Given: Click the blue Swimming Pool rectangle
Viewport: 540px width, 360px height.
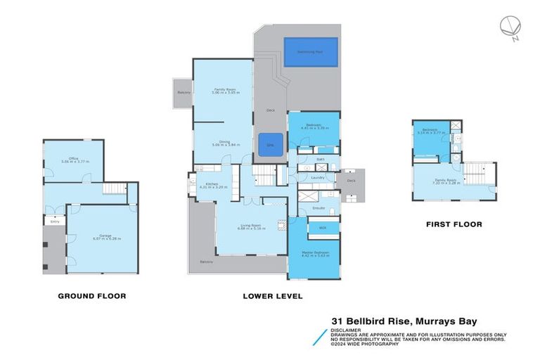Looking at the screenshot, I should pyautogui.click(x=309, y=52).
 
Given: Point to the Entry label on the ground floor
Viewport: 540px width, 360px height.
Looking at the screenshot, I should pyautogui.click(x=55, y=222).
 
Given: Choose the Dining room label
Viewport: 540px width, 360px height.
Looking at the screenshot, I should pyautogui.click(x=224, y=143).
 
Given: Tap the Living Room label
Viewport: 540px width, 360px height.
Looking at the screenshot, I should pyautogui.click(x=250, y=226).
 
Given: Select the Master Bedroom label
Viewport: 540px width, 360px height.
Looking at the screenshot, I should pyautogui.click(x=313, y=254).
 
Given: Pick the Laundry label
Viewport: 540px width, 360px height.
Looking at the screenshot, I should pyautogui.click(x=317, y=177).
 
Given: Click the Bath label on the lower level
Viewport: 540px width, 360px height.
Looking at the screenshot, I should pyautogui.click(x=320, y=160).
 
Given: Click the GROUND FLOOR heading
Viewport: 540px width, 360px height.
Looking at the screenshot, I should pyautogui.click(x=91, y=296).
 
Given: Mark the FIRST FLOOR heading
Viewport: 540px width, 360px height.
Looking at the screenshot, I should pyautogui.click(x=454, y=224).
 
